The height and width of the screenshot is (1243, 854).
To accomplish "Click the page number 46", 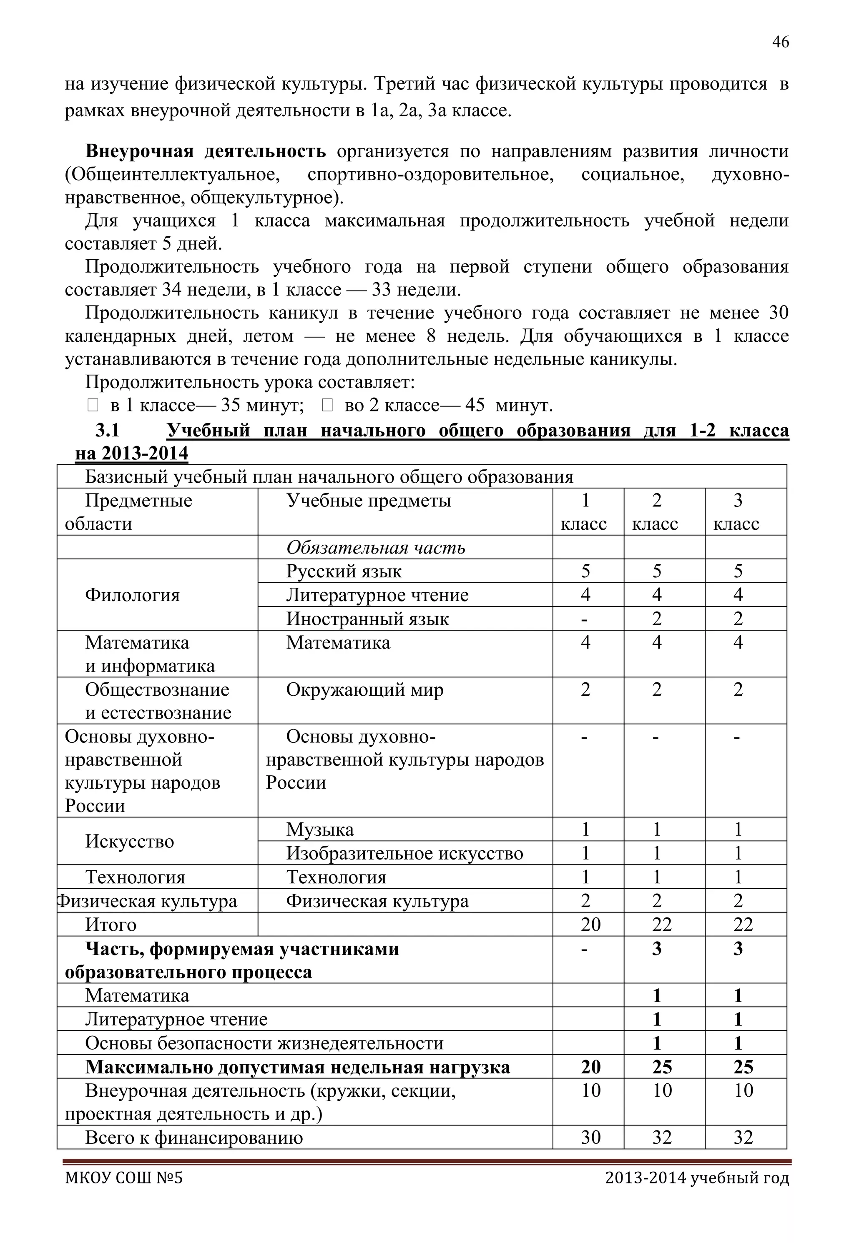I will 780,42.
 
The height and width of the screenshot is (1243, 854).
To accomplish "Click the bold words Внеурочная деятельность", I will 206,151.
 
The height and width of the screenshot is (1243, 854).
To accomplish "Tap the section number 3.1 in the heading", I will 108,430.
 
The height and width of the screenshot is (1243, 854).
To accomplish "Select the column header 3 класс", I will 737,512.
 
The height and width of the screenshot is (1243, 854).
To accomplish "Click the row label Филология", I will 132,595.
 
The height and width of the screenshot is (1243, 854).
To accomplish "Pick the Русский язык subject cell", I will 344,571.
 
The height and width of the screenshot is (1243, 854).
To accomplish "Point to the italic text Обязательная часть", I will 376,547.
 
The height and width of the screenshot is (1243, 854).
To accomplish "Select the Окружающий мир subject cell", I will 364,690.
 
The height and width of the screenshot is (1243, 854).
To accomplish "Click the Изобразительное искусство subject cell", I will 404,853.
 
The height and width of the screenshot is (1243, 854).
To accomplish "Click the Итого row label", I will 111,925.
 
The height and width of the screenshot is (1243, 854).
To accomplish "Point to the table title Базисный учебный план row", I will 329,476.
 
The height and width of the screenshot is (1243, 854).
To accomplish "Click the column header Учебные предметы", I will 369,501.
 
